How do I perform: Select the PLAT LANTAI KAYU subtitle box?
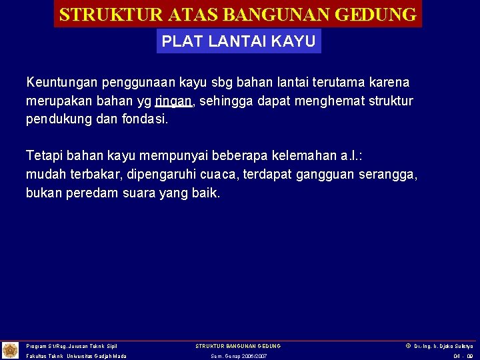coord(239,41)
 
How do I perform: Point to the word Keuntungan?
coord(61,83)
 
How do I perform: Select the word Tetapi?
coord(43,156)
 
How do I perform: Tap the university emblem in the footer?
coord(11,350)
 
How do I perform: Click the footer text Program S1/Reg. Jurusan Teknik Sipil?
coord(71,346)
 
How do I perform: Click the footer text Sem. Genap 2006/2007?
coord(238,357)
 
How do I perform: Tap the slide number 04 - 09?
coord(463,357)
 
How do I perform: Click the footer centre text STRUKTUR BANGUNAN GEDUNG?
coord(238,346)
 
